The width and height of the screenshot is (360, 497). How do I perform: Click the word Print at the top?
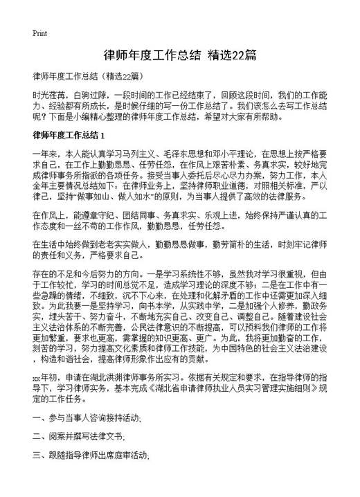[39, 33]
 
